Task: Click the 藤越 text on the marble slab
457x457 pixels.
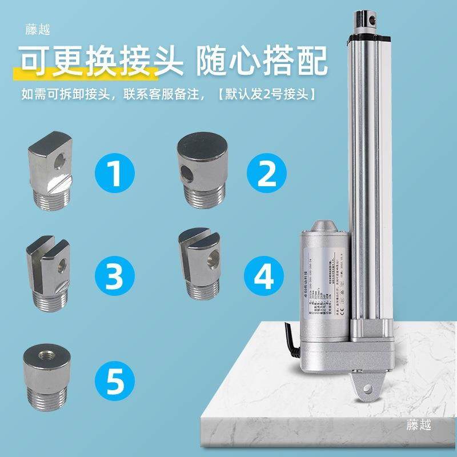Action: click(x=419, y=425)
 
